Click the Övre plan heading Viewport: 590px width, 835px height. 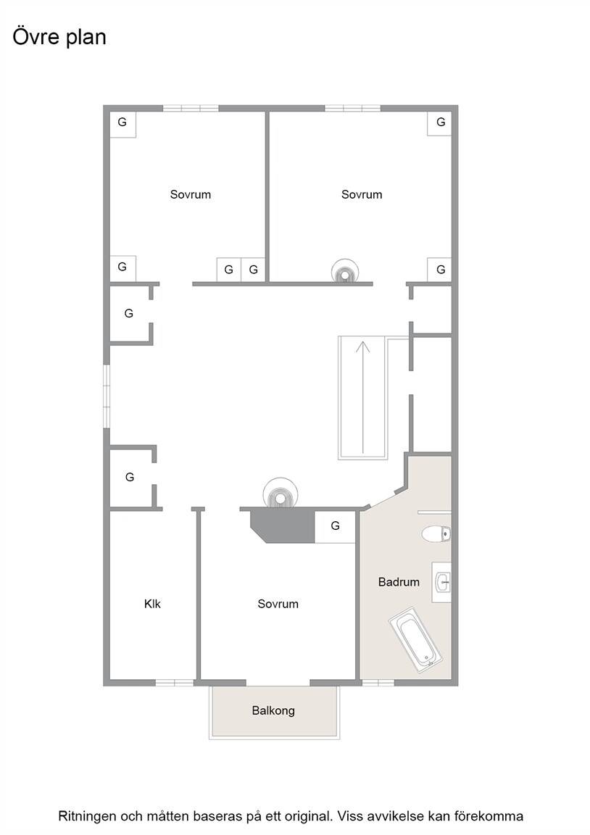point(59,38)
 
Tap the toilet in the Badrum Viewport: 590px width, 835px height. point(436,533)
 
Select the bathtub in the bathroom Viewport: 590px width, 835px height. point(415,639)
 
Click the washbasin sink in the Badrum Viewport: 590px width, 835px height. point(442,582)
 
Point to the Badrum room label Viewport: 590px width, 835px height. point(399,582)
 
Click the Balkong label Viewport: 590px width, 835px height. point(273,710)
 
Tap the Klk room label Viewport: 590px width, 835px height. point(152,604)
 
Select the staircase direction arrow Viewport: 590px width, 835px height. point(362,396)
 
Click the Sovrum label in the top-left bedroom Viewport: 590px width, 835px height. point(191,194)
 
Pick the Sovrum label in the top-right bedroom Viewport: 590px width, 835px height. point(362,194)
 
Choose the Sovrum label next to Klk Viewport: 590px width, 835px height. point(278,604)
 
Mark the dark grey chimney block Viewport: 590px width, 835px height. point(282,525)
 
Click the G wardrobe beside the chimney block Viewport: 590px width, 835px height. point(335,526)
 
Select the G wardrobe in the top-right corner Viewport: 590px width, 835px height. point(440,123)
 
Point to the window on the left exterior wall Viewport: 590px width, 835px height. point(107,396)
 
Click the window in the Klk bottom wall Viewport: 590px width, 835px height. point(174,682)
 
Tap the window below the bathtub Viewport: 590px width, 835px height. point(378,682)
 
